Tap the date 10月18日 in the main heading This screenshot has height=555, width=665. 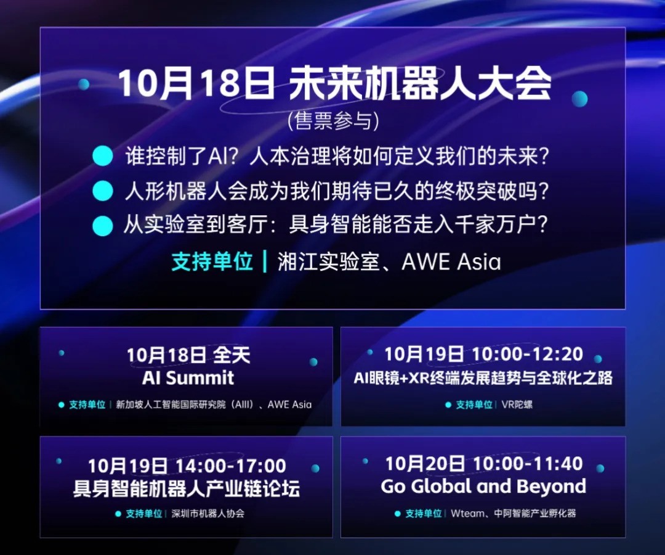[x=196, y=84]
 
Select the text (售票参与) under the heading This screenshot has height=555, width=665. [x=333, y=121]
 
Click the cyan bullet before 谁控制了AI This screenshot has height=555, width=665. [x=103, y=156]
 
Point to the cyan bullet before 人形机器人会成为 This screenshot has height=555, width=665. [x=103, y=191]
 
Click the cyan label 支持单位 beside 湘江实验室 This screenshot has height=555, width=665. [x=212, y=262]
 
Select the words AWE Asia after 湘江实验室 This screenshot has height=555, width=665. [x=451, y=262]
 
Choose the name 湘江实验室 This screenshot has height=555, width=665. [x=328, y=262]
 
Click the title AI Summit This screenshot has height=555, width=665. [x=188, y=377]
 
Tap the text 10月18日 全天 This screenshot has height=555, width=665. [x=188, y=355]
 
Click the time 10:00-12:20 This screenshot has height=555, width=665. [x=526, y=354]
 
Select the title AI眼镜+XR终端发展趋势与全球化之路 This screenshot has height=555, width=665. [x=483, y=377]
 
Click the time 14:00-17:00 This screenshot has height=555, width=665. [x=230, y=466]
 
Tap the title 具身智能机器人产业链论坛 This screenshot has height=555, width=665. [x=187, y=489]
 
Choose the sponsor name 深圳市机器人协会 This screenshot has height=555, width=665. [x=208, y=513]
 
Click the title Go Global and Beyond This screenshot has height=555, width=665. [x=483, y=487]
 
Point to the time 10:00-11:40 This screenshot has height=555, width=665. [x=527, y=463]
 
